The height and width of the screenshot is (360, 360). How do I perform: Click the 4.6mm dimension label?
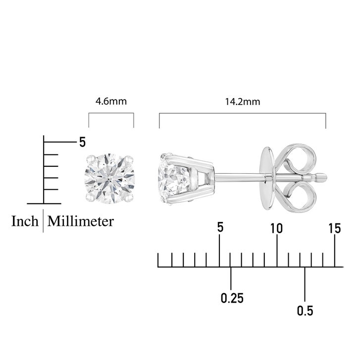coord(111,101)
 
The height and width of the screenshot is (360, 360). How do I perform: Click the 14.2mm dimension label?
coord(243,102)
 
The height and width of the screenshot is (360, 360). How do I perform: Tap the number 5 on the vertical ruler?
coord(82,142)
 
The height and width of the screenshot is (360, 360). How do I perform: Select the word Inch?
coord(25,221)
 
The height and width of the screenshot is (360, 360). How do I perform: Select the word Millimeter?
coord(81,221)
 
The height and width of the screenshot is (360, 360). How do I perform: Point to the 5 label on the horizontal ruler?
coord(220,227)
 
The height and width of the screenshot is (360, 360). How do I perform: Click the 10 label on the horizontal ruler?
coord(276,228)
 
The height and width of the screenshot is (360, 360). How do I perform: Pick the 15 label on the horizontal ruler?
coord(335,228)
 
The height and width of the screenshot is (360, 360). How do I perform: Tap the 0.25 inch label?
coord(232,298)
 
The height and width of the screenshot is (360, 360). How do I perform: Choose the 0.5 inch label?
coord(305,310)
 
